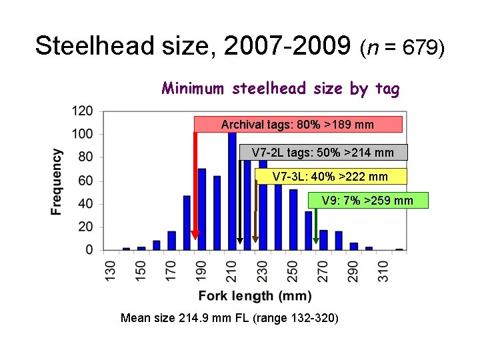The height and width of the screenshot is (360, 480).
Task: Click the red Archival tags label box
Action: tap(298, 125)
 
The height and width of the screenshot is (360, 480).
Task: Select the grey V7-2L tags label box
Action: tap(323, 153)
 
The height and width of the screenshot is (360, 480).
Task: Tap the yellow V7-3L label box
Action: tap(330, 177)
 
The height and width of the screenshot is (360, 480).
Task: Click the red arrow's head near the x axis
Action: tap(195, 235)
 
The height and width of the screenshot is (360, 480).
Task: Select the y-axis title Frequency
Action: tap(57, 181)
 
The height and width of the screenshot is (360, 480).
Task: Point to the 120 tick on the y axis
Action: tap(83, 111)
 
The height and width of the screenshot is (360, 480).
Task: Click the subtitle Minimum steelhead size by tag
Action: tap(280, 89)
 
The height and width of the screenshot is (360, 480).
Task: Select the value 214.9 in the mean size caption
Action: tap(194, 318)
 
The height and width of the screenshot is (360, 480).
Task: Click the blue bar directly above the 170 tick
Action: tap(171, 241)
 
